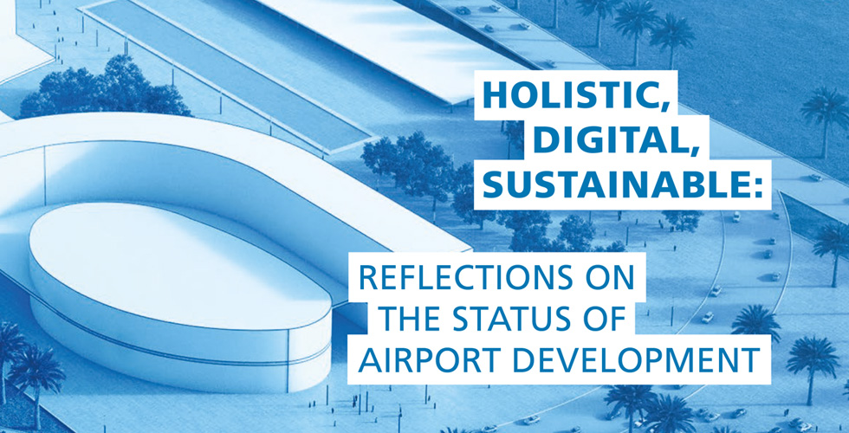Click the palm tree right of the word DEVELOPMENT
tap(812, 360)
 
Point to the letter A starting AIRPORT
tap(370, 359)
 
